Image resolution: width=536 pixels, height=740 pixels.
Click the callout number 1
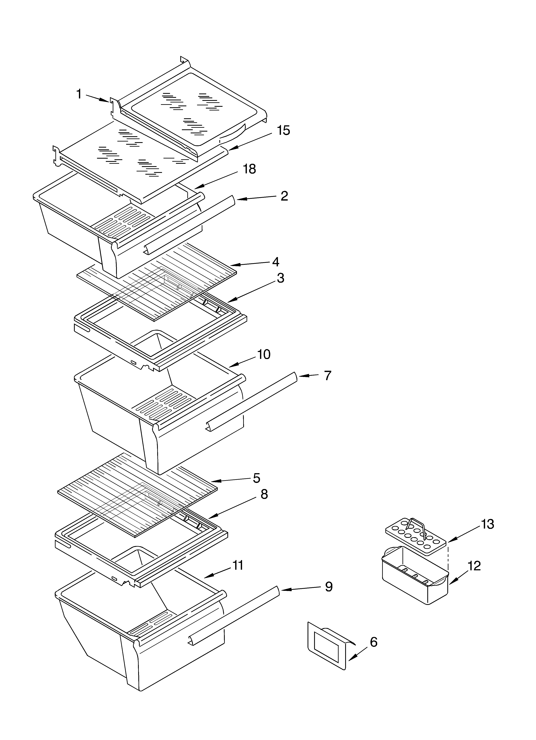(79, 94)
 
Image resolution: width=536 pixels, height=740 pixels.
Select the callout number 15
(283, 130)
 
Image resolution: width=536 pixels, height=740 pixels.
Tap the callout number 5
(257, 478)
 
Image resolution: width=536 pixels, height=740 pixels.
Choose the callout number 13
(487, 524)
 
